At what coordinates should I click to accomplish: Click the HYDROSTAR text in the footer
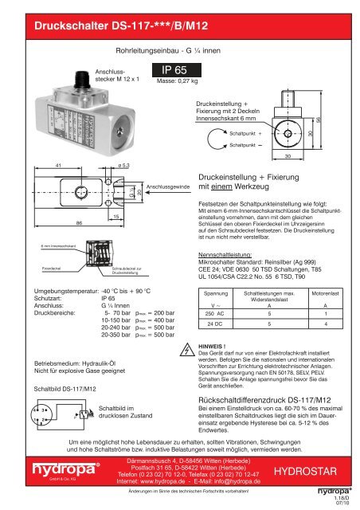(x=307, y=473)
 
